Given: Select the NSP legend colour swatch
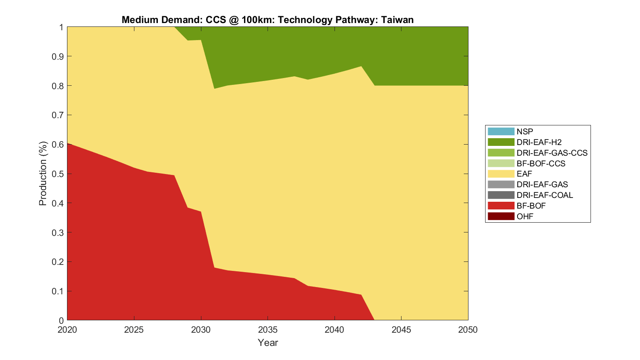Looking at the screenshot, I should click(x=501, y=131).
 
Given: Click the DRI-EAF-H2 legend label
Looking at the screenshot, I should click(x=539, y=142).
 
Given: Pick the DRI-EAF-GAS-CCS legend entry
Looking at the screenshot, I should click(x=552, y=153).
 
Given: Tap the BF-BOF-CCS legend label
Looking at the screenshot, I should click(x=541, y=163).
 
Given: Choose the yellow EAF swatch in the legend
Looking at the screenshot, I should click(x=501, y=174).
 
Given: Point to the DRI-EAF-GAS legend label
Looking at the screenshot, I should click(x=542, y=184).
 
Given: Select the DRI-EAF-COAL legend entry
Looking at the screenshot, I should click(x=544, y=195).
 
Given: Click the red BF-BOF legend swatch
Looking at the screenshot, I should click(x=501, y=206).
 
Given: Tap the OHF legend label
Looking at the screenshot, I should click(x=525, y=216).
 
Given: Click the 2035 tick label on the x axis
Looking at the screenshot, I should click(x=268, y=330).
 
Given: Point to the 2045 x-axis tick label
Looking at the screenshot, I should click(x=401, y=330).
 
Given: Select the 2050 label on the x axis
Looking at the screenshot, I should click(x=468, y=330).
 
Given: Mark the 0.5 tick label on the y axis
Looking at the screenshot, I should click(x=58, y=174).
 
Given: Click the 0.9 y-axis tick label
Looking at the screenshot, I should click(x=58, y=56).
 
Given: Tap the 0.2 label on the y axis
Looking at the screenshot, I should click(x=58, y=262).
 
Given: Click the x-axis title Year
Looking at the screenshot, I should click(x=268, y=343).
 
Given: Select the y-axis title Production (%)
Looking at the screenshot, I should click(x=43, y=173).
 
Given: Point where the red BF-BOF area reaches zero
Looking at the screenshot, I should click(x=374, y=319).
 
